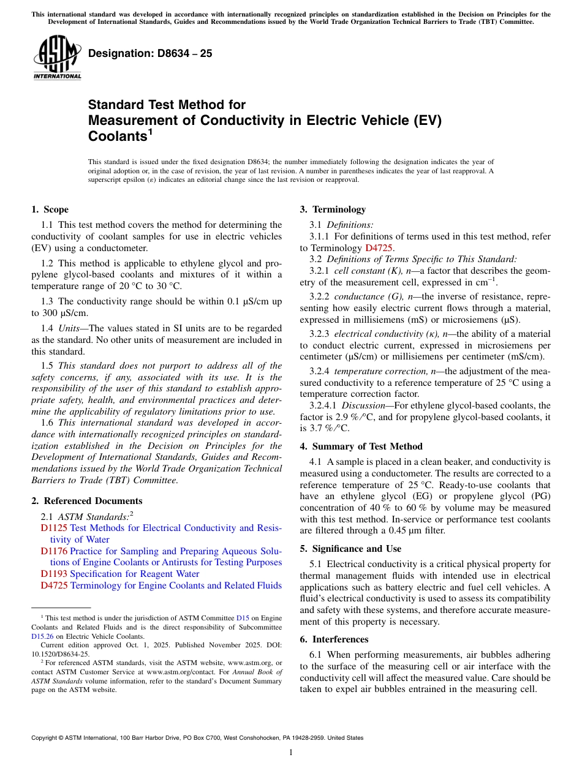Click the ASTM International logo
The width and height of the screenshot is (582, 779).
coord(57,58)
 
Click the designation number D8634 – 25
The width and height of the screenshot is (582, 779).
coord(150,53)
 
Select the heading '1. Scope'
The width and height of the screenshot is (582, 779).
coord(50,209)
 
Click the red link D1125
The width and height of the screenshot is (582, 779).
coord(54,528)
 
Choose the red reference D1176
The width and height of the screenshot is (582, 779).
coord(54,551)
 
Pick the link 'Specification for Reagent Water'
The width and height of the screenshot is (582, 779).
coord(134,574)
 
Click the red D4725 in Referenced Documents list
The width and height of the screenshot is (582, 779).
coord(54,585)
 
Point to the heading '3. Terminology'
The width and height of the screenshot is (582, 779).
coord(333,209)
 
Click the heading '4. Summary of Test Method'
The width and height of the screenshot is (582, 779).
coord(361,446)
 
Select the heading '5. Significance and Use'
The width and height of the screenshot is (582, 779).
coord(350,549)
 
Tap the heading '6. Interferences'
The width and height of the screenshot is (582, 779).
coord(334,639)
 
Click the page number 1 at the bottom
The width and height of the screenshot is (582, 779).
coord(291,752)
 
